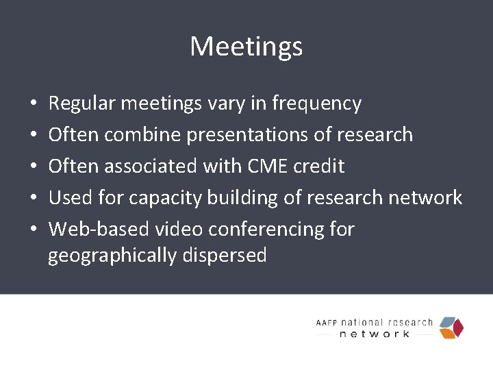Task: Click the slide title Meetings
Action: (x=246, y=47)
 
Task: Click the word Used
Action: (x=66, y=198)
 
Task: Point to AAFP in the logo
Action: (x=327, y=323)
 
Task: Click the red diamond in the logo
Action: (x=457, y=328)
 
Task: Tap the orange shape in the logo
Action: (x=447, y=334)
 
